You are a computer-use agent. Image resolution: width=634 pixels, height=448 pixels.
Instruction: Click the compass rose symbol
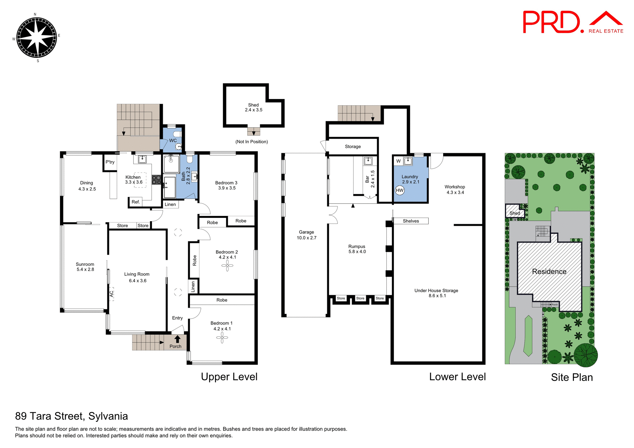point(37,37)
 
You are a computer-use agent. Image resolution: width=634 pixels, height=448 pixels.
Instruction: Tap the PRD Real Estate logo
point(573,22)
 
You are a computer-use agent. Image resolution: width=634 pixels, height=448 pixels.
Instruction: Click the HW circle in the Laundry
point(400,190)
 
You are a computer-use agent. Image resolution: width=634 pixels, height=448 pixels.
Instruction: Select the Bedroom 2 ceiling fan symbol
point(227,265)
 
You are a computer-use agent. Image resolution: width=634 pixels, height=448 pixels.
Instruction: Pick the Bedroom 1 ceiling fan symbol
point(222,337)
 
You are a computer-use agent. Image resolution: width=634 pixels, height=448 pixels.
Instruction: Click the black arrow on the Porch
point(177,339)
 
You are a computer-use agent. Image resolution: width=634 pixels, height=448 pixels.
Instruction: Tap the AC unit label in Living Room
point(112,293)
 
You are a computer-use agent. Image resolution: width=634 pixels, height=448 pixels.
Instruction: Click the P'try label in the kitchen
point(110,162)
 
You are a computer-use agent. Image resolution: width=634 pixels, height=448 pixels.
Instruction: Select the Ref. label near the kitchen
point(136,202)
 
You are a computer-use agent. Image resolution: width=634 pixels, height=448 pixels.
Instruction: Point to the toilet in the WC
point(178,134)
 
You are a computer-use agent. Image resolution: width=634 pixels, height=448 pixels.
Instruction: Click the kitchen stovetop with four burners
point(157,180)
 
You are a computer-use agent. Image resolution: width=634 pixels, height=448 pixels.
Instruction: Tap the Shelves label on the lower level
point(411,221)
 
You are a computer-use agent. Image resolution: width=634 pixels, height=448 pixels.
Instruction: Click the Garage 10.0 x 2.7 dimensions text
point(306,238)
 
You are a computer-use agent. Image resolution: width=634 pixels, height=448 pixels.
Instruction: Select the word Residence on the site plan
point(549,272)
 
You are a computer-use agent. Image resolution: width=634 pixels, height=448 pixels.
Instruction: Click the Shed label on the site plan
point(514,213)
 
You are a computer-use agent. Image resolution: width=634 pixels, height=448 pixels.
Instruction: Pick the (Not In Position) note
point(252,142)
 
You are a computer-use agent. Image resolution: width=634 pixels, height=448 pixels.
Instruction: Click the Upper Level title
point(229,377)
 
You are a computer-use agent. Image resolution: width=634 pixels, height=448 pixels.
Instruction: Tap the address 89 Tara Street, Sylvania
point(71,416)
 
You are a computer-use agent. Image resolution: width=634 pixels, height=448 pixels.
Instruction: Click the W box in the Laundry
point(398,161)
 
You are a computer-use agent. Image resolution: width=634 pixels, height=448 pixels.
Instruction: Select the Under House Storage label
point(436,291)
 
